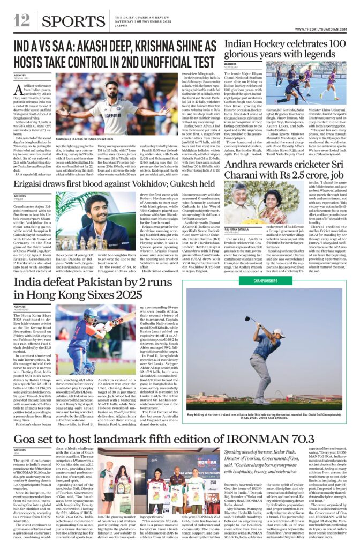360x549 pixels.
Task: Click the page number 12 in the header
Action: (22, 20)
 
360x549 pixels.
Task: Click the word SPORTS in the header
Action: (73, 21)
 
